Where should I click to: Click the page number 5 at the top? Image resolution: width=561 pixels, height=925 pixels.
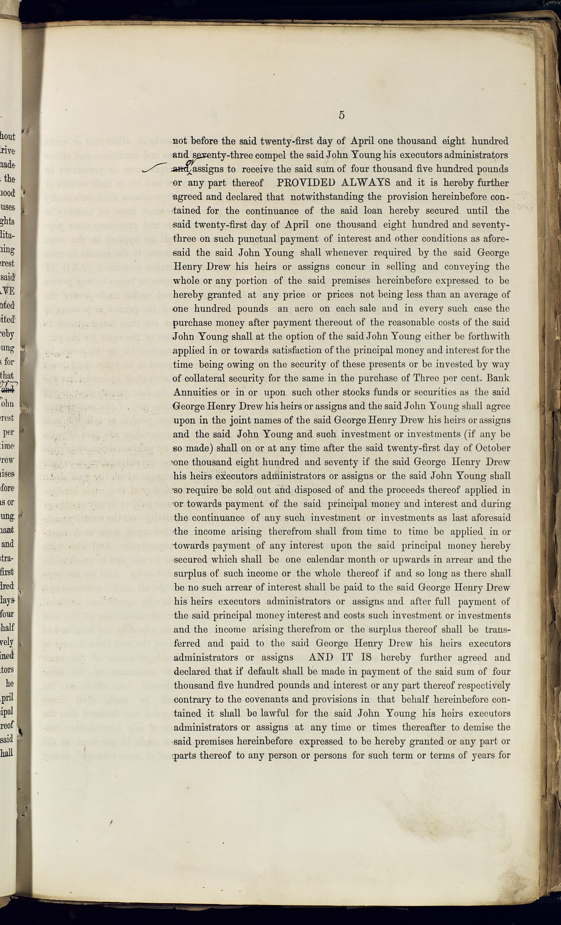click(341, 115)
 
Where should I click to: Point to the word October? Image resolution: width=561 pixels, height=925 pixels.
click(493, 448)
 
